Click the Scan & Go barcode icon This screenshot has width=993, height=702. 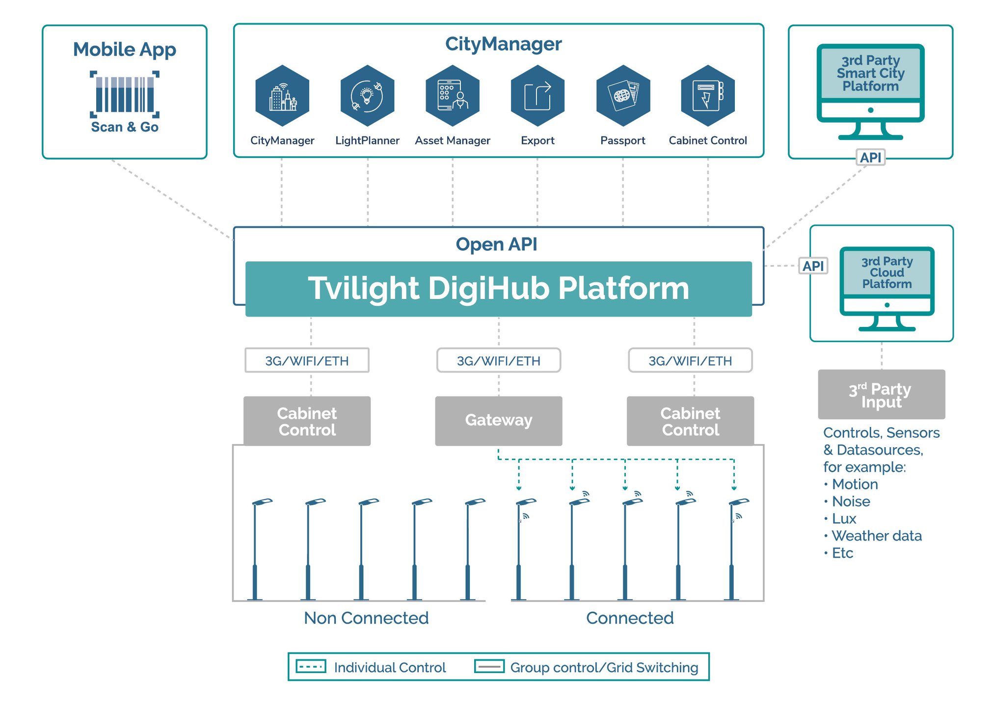click(125, 94)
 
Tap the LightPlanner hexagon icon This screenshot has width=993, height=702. click(367, 96)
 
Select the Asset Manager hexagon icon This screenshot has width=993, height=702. click(452, 96)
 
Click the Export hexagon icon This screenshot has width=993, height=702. click(537, 96)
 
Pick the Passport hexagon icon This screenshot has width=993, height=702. click(623, 96)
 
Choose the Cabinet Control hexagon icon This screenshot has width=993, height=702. click(708, 96)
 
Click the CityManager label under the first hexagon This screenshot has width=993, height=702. click(282, 141)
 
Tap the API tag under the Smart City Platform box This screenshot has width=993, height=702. click(870, 158)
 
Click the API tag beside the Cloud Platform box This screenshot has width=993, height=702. click(813, 266)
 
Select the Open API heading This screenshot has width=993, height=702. click(496, 244)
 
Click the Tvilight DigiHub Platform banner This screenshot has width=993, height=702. click(498, 289)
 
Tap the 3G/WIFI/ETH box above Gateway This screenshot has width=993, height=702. click(498, 361)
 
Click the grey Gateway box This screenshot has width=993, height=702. click(498, 421)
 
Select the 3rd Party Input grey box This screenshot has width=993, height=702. click(881, 394)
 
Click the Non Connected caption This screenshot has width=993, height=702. click(366, 618)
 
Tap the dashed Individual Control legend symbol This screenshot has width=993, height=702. click(311, 667)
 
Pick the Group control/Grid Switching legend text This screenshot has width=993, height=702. click(604, 668)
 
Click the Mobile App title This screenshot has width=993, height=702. click(125, 50)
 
